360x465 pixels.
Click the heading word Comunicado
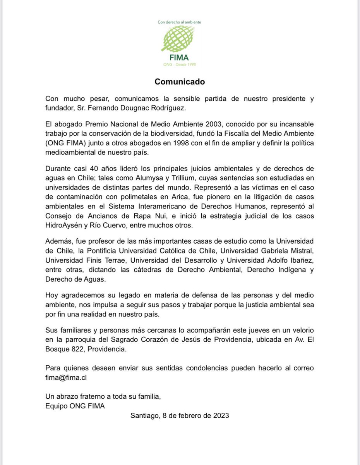(x=180, y=82)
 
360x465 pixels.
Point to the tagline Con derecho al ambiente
(x=179, y=22)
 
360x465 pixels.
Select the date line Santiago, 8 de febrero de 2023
(x=180, y=415)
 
